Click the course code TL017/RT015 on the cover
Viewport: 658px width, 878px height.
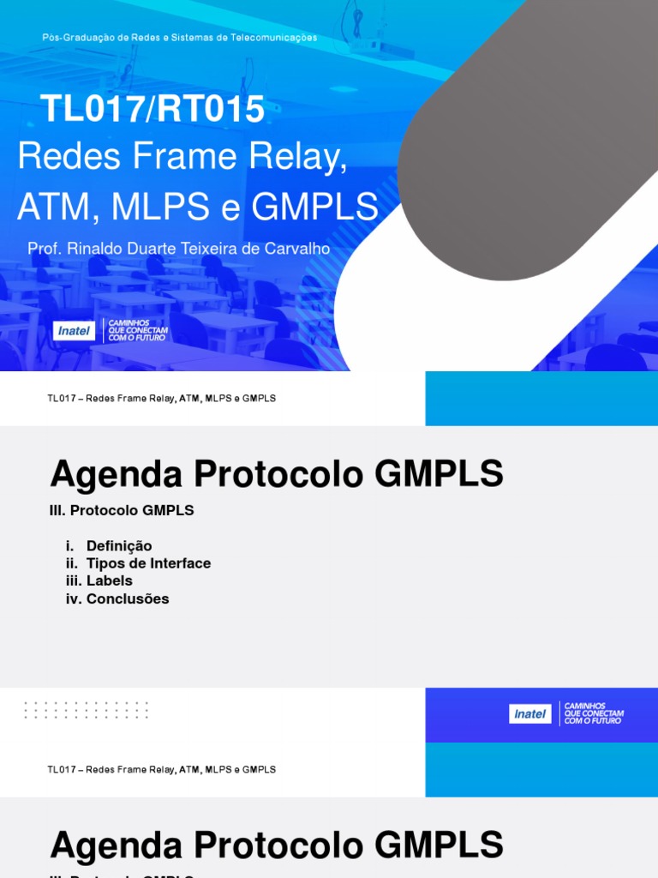(153, 110)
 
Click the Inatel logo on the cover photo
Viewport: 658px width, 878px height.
(74, 331)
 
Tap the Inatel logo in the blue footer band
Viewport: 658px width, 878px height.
(530, 713)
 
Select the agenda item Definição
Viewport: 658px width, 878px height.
(119, 546)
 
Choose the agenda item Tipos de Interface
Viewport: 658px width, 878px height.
(148, 563)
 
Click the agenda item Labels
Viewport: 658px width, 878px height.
(110, 581)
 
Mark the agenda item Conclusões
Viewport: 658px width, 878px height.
(128, 599)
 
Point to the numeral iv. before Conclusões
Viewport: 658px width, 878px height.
(73, 599)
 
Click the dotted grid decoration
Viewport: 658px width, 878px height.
(86, 710)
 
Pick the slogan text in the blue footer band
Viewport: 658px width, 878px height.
(594, 713)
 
